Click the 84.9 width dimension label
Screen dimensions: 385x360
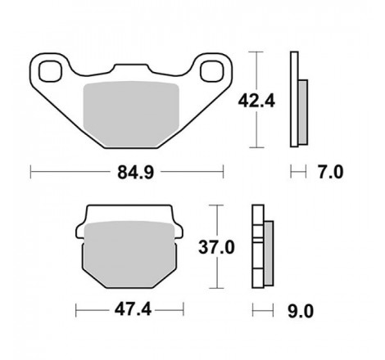[x=136, y=173]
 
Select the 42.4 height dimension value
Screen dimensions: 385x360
[x=256, y=101]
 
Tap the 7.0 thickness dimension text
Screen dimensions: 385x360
[x=330, y=173]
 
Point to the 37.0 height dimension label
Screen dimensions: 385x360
[x=216, y=247]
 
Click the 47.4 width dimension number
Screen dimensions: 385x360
[x=133, y=310]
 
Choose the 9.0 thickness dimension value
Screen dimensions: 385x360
[x=301, y=312]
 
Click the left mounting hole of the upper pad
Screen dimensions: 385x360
[x=50, y=71]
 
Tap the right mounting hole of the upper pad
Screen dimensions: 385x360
[x=212, y=71]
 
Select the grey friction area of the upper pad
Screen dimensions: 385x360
[x=131, y=114]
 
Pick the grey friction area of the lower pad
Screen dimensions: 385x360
[x=129, y=254]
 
